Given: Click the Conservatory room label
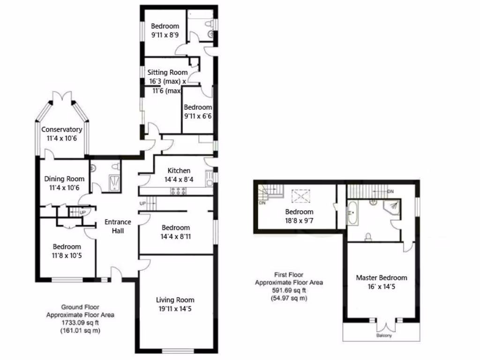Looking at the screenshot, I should tap(61, 129).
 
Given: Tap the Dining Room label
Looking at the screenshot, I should tap(64, 179).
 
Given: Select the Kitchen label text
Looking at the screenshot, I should tap(179, 171).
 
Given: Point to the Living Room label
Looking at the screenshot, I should tap(175, 300).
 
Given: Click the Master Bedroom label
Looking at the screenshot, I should tap(381, 277).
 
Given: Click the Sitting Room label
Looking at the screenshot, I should tap(167, 72).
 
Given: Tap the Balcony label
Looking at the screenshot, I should tap(384, 336).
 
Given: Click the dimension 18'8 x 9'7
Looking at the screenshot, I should tap(299, 221).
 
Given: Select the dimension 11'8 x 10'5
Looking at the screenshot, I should tap(67, 255).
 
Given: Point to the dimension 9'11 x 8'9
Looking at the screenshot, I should tap(165, 35).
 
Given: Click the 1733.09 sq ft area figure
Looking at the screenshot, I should tap(80, 323).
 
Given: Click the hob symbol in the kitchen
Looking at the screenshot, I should tap(179, 190).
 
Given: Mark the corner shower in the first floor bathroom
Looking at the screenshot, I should tap(392, 207).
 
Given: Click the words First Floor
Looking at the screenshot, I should tap(288, 275).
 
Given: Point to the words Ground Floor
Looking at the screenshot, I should tap(80, 307).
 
